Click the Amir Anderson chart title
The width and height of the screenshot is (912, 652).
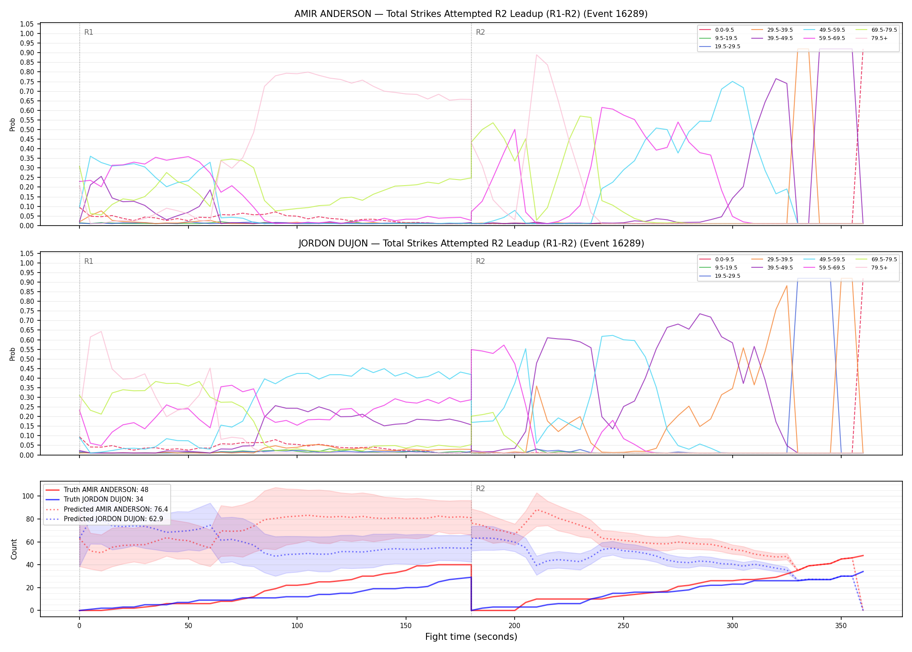(x=471, y=14)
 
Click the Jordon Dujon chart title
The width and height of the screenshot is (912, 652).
(x=471, y=243)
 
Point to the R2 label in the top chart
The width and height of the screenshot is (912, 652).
(x=480, y=33)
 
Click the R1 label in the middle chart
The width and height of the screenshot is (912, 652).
(x=89, y=262)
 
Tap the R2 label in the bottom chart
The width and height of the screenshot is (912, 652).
(x=480, y=489)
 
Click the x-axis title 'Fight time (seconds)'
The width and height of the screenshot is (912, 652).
(x=471, y=637)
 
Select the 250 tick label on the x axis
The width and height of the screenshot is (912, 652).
(x=623, y=626)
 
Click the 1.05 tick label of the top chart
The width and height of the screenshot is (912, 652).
(x=27, y=24)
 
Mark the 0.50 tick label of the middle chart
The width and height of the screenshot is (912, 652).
(x=27, y=359)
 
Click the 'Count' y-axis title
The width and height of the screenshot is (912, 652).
(x=14, y=549)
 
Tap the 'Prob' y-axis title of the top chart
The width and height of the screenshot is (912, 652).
(x=13, y=125)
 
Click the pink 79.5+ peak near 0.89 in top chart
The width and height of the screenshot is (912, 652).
(x=537, y=55)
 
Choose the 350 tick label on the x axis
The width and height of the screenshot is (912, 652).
(x=841, y=626)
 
